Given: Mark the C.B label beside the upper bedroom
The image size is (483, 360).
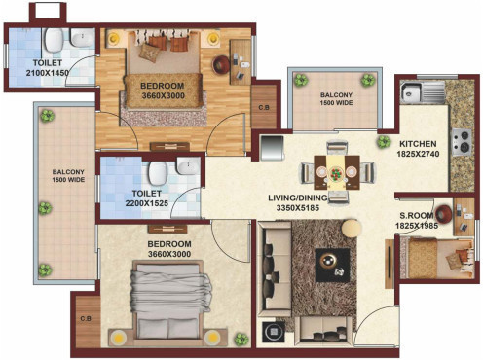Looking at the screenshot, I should [263, 107].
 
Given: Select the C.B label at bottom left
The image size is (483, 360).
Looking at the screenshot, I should [85, 318].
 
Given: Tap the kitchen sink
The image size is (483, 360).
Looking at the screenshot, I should [411, 94].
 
